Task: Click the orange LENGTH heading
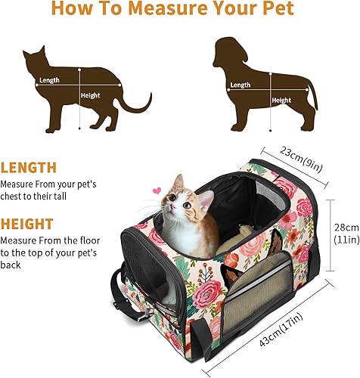[29, 168]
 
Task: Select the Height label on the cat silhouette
[90, 96]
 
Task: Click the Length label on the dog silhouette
[241, 85]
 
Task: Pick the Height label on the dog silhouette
[281, 100]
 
